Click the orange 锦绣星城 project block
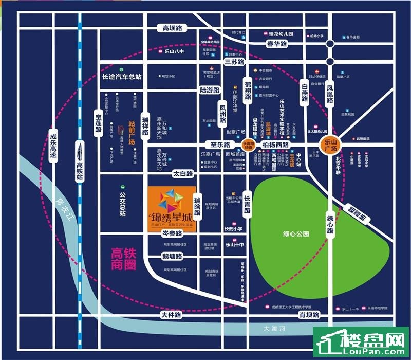coord(172,210)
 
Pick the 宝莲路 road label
coord(98,122)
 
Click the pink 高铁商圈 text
coord(125,259)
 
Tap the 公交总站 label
coord(122,204)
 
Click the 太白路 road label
coord(182,174)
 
